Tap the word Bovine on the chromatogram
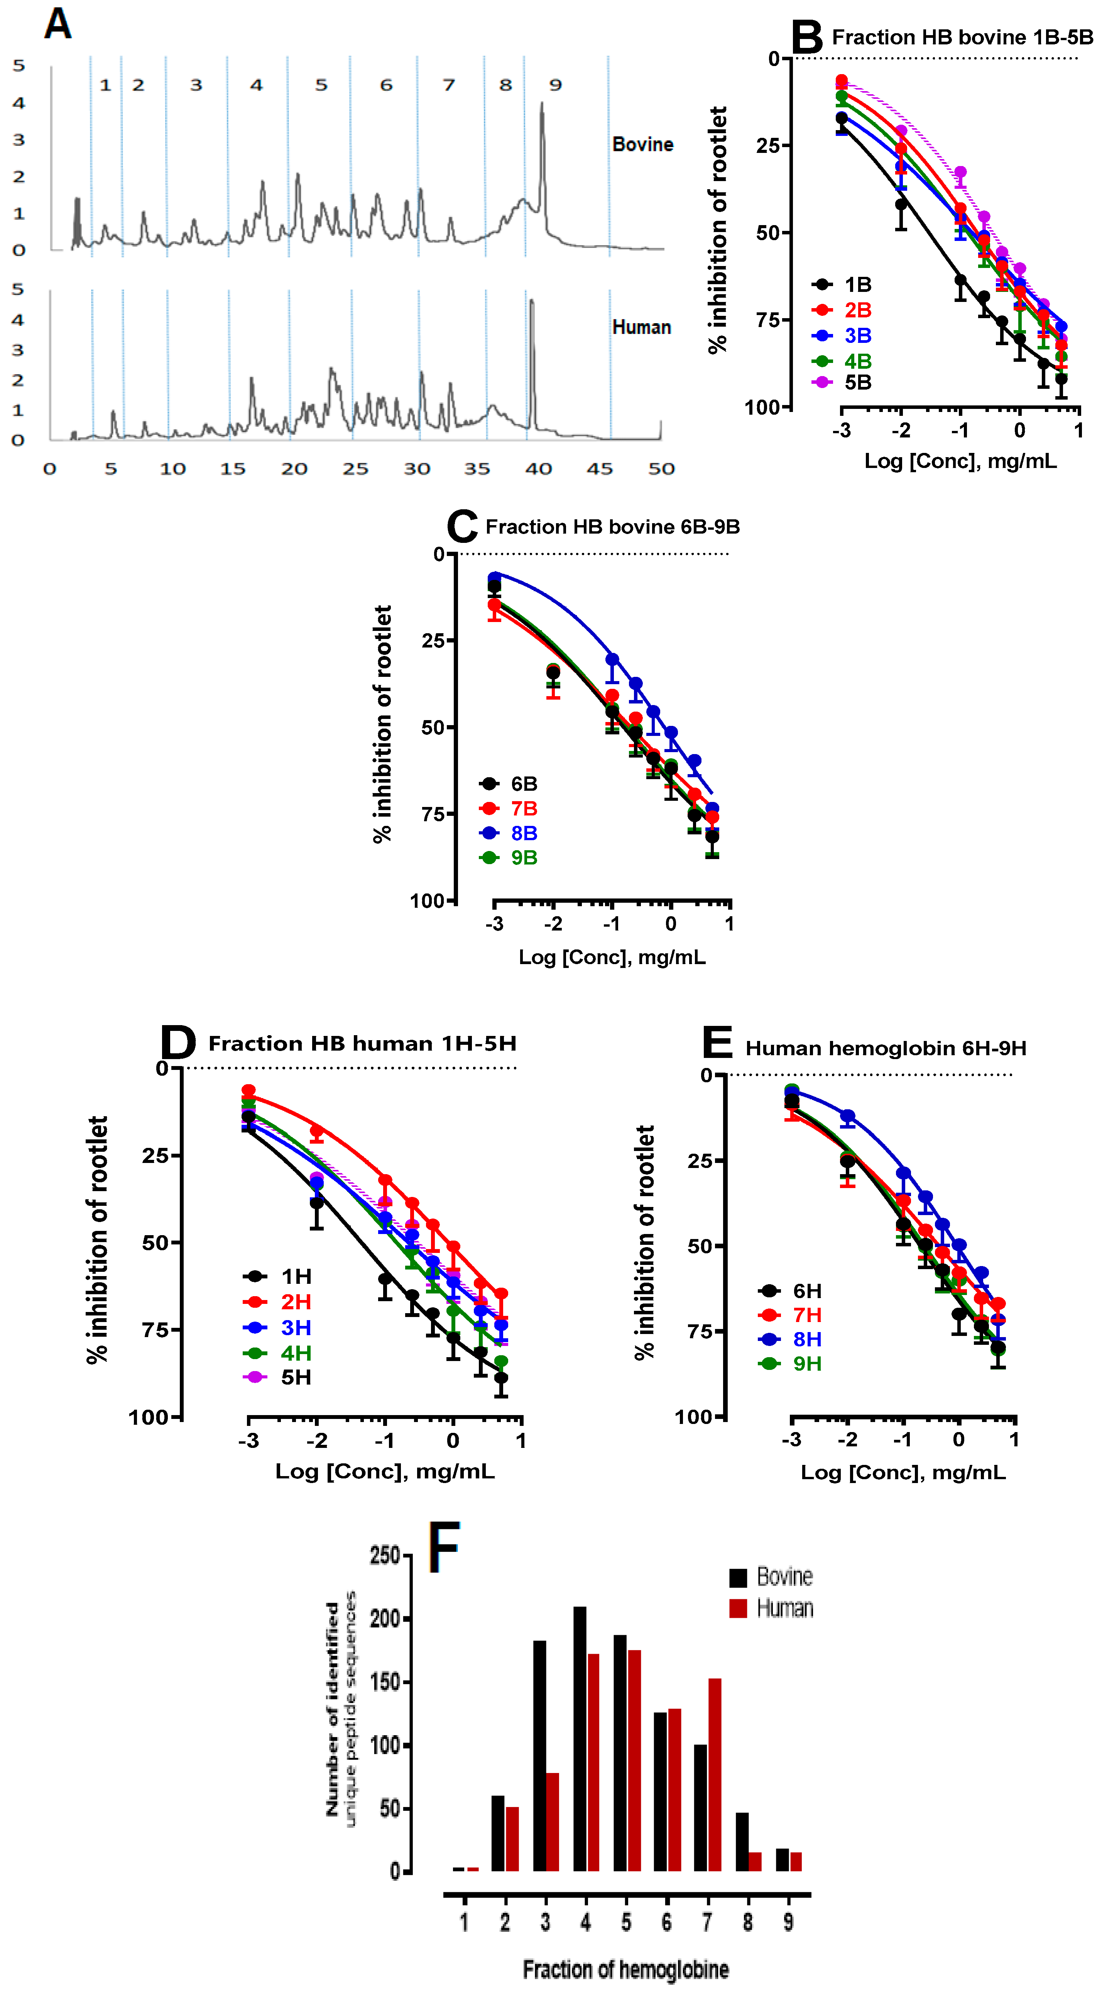click(x=642, y=144)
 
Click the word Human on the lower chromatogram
click(x=641, y=327)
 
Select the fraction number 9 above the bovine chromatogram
click(x=555, y=85)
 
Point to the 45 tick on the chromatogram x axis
click(x=599, y=469)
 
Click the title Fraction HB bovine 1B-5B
click(x=962, y=37)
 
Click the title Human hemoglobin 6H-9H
click(x=885, y=1048)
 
